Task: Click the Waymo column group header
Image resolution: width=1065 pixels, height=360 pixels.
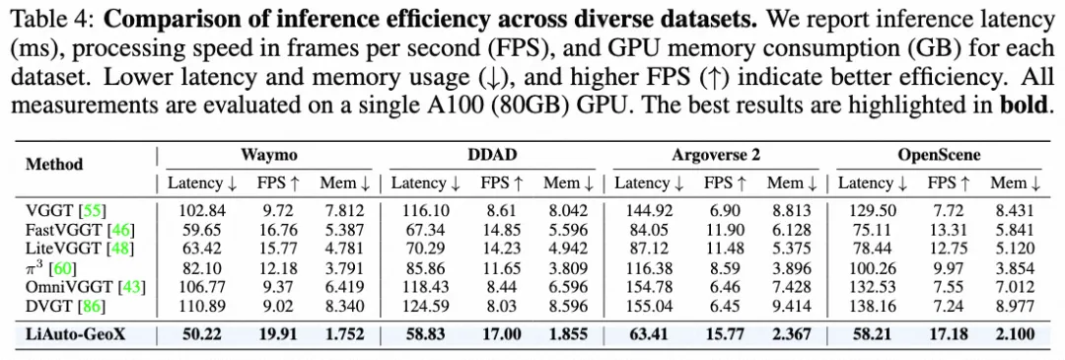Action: pyautogui.click(x=269, y=154)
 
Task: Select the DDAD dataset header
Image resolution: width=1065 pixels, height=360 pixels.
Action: pyautogui.click(x=492, y=154)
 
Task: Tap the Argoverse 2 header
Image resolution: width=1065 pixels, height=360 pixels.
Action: pyautogui.click(x=716, y=155)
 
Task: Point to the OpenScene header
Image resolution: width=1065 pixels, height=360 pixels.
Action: pyautogui.click(x=939, y=155)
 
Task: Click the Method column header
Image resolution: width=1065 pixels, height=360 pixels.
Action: pyautogui.click(x=54, y=164)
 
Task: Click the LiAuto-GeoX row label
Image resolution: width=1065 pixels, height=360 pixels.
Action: pyautogui.click(x=78, y=333)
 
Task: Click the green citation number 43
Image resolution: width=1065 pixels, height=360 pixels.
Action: pyautogui.click(x=131, y=287)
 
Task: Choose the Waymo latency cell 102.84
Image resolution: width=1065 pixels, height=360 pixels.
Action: pyautogui.click(x=202, y=210)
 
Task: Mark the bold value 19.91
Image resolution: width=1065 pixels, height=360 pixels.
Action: pyautogui.click(x=276, y=333)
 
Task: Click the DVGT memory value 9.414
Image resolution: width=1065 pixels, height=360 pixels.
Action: pyautogui.click(x=793, y=307)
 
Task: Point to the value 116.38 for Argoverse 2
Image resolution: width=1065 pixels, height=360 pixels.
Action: pyautogui.click(x=648, y=268)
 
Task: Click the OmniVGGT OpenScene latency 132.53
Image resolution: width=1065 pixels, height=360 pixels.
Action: pyautogui.click(x=872, y=287)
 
